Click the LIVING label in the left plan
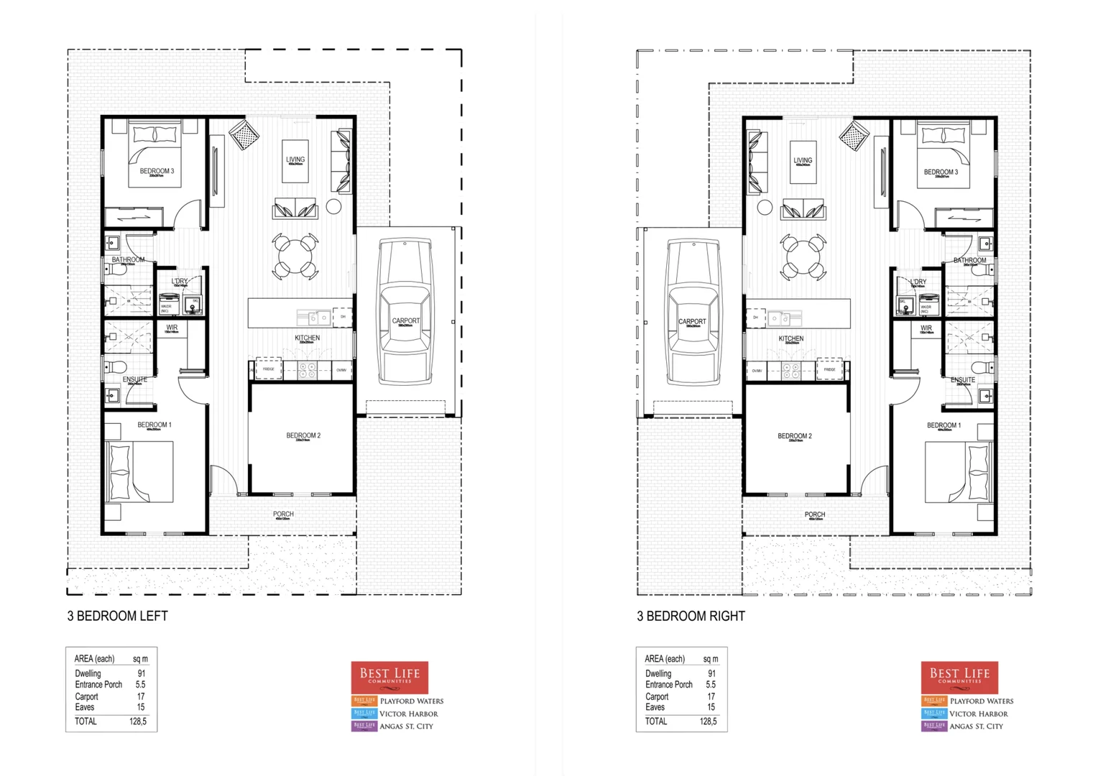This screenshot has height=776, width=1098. tap(295, 160)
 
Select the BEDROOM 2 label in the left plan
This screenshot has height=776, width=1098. tap(303, 435)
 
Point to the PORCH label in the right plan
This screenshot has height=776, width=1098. tap(814, 514)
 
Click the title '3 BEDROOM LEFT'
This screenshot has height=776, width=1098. tap(117, 616)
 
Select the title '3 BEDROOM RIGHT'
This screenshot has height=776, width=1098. tap(691, 616)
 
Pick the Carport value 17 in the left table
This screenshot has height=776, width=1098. tap(141, 696)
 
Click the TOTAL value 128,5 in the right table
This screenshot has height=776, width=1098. tap(708, 721)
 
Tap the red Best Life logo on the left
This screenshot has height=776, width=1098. tap(389, 677)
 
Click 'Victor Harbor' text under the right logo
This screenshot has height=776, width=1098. tap(978, 713)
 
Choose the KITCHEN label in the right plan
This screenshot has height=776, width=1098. tap(790, 338)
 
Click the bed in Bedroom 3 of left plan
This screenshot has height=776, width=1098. tap(156, 154)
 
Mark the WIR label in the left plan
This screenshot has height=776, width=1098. tap(172, 328)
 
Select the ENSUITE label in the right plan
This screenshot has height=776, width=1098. tap(962, 379)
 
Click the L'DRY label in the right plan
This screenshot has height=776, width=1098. tap(918, 282)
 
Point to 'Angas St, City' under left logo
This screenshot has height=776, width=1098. tap(406, 726)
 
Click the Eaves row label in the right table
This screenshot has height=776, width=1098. tap(655, 707)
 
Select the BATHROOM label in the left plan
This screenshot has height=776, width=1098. tap(128, 259)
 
